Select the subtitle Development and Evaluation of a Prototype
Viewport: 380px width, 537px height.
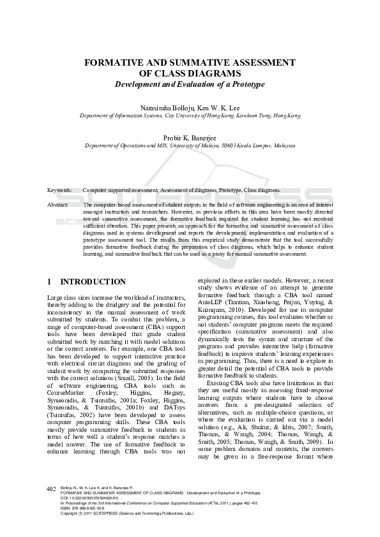pyautogui.click(x=189, y=84)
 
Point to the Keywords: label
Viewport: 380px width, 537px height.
pyautogui.click(x=60, y=190)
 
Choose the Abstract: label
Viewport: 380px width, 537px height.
pyautogui.click(x=58, y=204)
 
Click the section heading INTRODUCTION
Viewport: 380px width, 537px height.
pyautogui.click(x=93, y=282)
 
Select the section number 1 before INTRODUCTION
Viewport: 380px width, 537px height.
pyautogui.click(x=50, y=282)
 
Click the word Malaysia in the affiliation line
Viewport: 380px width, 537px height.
pyautogui.click(x=283, y=145)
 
